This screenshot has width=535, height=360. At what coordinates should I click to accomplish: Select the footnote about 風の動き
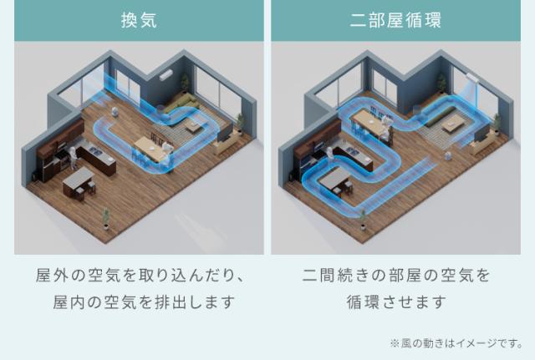pos(456,342)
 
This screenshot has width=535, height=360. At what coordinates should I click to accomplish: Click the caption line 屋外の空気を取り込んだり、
pos(139,275)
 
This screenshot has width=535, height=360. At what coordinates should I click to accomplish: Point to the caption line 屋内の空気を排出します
pos(139,301)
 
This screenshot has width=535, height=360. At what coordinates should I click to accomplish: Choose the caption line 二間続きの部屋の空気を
pos(395,275)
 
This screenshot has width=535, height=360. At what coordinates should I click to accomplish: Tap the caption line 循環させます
pos(395,301)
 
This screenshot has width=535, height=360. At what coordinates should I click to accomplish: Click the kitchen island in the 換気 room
pos(79,177)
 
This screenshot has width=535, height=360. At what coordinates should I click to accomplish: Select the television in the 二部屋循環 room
pos(486,134)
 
